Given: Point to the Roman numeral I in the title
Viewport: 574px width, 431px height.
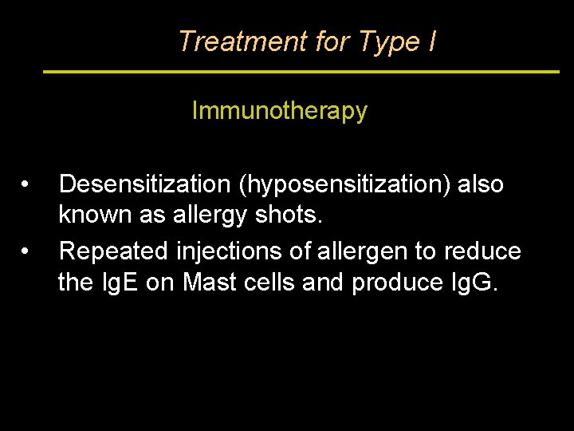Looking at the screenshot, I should point(431,41).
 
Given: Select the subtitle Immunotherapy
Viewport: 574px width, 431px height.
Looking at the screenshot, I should point(279,111).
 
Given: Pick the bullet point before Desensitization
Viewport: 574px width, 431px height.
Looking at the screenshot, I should point(26,184).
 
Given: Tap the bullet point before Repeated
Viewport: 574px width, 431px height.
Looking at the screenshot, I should point(26,251).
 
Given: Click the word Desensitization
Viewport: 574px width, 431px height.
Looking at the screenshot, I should point(144,184).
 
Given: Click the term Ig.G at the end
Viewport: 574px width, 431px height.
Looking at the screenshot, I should point(475,283).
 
